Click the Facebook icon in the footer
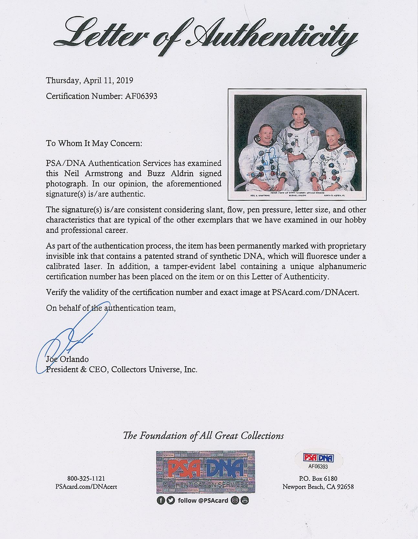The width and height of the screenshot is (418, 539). tap(160, 501)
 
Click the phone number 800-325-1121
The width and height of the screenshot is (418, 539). tap(86, 479)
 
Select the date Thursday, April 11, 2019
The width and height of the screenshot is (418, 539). tap(89, 80)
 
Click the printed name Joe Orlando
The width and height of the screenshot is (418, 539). tap(67, 359)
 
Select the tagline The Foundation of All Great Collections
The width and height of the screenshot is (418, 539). tap(203, 436)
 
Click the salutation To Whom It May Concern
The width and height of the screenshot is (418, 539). tap(94, 143)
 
